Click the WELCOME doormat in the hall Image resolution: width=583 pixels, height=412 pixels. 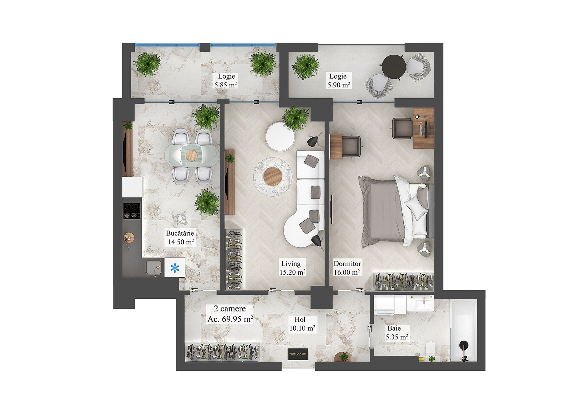[x=298, y=354]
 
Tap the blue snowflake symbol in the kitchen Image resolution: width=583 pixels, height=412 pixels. [x=175, y=268]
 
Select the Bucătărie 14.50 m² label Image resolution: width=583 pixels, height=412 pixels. [x=180, y=238]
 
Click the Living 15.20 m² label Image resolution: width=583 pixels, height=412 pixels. [x=292, y=268]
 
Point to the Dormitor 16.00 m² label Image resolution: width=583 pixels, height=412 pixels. [x=347, y=268]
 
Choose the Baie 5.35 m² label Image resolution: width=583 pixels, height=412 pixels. [x=396, y=333]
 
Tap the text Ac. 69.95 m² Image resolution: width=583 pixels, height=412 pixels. [x=230, y=319]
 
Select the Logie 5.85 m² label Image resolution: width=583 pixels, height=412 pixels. [x=226, y=81]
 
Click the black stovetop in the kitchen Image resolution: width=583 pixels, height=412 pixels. [x=132, y=211]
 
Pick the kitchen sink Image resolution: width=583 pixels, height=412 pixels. [x=154, y=267]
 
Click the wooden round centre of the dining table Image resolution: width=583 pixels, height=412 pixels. [x=192, y=156]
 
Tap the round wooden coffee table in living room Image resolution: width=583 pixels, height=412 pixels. [x=273, y=177]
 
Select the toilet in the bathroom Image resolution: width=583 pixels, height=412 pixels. [x=431, y=348]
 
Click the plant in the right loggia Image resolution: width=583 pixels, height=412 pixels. [x=305, y=67]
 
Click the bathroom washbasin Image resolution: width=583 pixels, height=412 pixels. [x=420, y=303]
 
